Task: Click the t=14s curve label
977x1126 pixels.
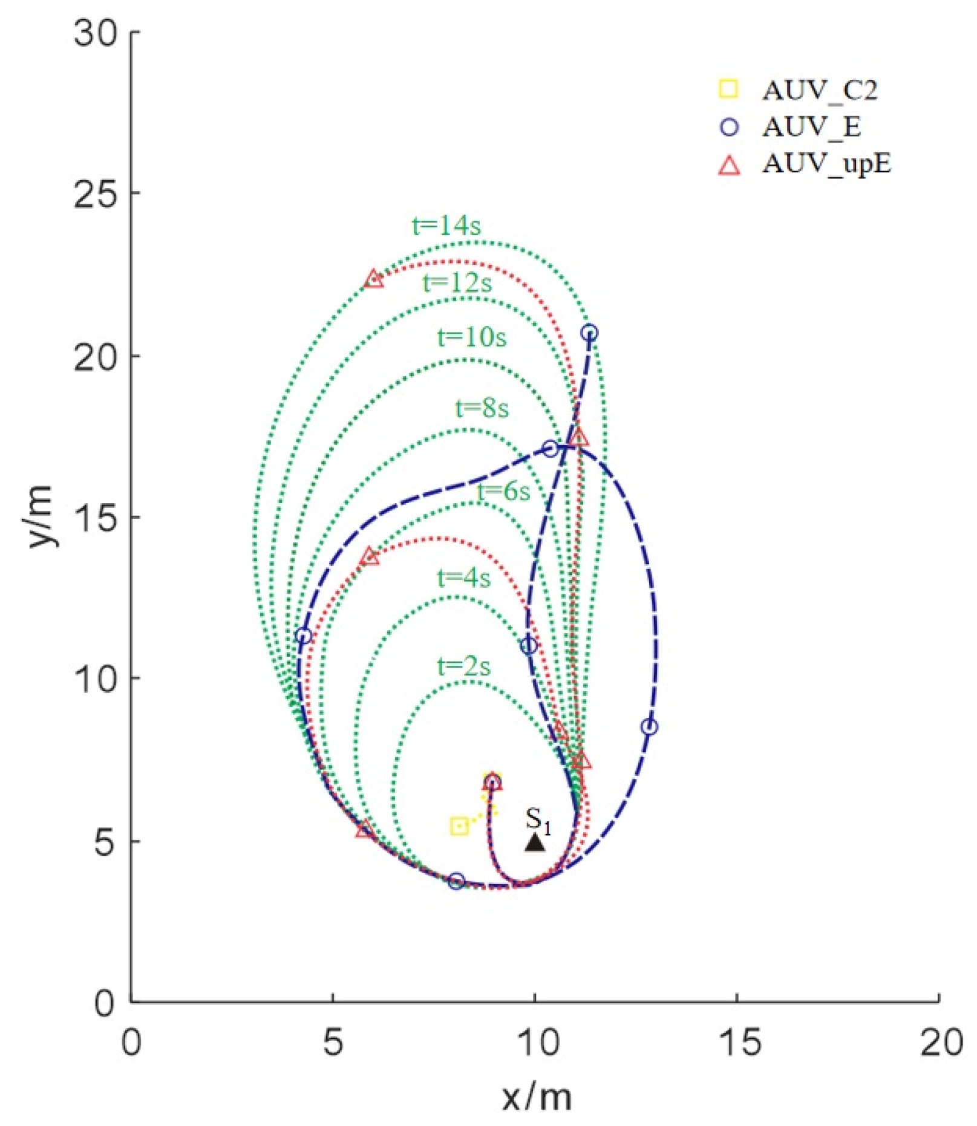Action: pos(446,226)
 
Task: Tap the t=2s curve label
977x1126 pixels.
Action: pos(463,666)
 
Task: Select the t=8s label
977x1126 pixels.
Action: pos(482,408)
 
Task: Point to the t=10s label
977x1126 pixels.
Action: pos(472,337)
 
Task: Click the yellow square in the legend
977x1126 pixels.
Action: pos(729,89)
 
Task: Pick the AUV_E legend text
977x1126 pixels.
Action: pos(811,127)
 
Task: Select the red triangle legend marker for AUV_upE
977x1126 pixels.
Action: pos(730,165)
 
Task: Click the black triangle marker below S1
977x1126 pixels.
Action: pos(535,842)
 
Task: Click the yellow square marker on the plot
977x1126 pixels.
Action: pos(459,826)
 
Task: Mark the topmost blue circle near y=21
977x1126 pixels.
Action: pos(590,333)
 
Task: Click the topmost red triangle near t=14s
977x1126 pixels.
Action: pos(374,279)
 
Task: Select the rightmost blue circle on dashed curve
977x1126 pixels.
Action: pos(649,727)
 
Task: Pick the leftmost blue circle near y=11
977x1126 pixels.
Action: pos(304,636)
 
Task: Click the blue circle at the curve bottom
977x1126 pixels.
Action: pos(457,881)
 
